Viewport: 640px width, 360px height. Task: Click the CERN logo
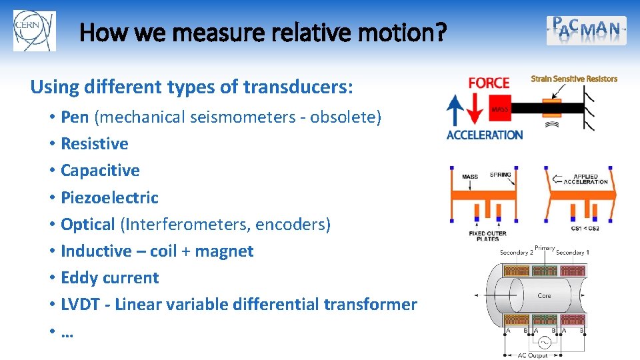[35, 31]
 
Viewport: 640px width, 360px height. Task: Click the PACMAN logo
[587, 31]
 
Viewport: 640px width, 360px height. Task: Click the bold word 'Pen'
[75, 117]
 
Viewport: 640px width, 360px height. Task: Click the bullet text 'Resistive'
[95, 144]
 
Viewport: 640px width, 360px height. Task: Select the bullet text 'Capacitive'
[100, 171]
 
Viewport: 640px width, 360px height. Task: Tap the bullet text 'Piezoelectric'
[109, 197]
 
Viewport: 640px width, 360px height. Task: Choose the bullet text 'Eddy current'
[109, 278]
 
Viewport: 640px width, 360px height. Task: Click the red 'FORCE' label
[489, 83]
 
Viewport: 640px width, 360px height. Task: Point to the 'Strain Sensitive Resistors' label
[574, 79]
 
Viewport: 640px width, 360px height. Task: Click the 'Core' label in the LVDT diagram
[544, 295]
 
